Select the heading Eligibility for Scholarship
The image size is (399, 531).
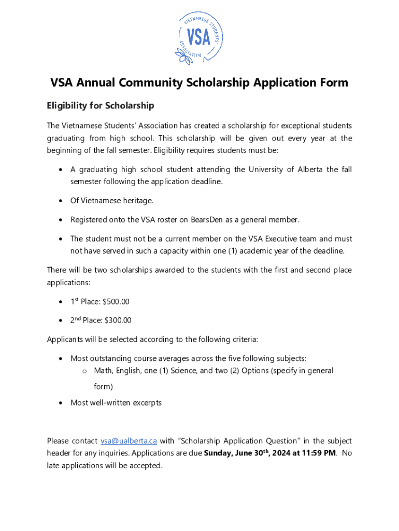[101, 106]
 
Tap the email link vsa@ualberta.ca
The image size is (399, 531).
[129, 441]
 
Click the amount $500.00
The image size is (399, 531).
[117, 301]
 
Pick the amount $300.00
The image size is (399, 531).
[118, 320]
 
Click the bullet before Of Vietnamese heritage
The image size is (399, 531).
[62, 201]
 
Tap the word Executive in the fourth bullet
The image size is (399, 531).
[283, 239]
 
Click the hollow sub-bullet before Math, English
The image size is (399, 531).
[84, 371]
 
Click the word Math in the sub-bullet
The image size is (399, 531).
[103, 371]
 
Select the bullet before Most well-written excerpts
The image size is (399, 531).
[62, 403]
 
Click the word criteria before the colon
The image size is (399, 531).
[242, 340]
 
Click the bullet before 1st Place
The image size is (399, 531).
[62, 302]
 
